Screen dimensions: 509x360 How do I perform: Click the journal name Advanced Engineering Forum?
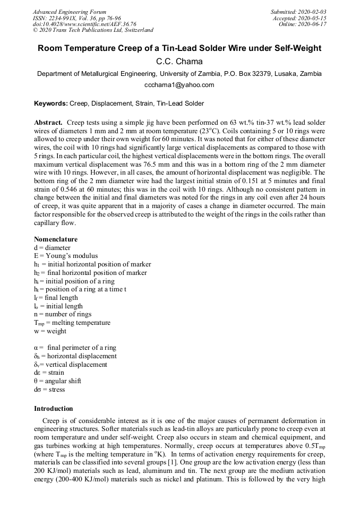(x=69, y=12)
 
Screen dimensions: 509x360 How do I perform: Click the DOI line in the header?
(x=84, y=24)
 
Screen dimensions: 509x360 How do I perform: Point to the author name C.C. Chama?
(x=179, y=61)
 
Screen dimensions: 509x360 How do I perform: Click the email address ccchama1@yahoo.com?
(x=179, y=85)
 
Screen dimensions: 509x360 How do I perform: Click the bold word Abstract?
(x=48, y=123)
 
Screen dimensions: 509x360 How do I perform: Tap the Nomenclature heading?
(x=56, y=239)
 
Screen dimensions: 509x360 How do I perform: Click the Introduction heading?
(x=54, y=409)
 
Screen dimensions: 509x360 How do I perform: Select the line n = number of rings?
(x=58, y=314)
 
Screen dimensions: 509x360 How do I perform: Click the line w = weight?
(x=50, y=331)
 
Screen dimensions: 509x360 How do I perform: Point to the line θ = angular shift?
(x=57, y=381)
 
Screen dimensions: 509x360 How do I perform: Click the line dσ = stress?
(x=49, y=390)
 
